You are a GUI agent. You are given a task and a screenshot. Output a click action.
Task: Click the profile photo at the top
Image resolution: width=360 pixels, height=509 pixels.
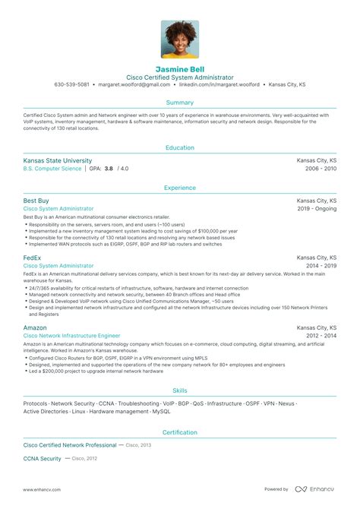pos(180,40)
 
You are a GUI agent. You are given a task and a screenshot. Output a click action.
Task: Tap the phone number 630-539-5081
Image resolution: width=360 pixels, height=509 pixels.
pos(72,84)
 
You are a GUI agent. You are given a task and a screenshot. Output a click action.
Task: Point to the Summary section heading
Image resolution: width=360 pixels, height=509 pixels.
pos(180,101)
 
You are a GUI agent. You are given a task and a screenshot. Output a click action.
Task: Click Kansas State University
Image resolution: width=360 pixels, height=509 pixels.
pos(58,160)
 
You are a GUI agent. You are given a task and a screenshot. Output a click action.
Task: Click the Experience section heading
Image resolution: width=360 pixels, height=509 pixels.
pos(180,188)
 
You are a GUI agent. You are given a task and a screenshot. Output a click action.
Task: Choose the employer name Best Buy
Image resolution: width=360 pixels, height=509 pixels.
pos(36,200)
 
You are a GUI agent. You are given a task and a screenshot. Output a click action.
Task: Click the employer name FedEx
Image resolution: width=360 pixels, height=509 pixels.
pos(33,258)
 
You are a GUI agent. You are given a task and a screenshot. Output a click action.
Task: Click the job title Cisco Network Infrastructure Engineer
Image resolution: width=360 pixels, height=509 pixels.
pos(72,336)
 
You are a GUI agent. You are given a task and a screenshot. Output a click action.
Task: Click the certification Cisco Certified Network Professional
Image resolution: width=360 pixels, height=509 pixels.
pos(70,444)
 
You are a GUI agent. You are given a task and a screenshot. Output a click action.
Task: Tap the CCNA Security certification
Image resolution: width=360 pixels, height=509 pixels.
pos(42,458)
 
